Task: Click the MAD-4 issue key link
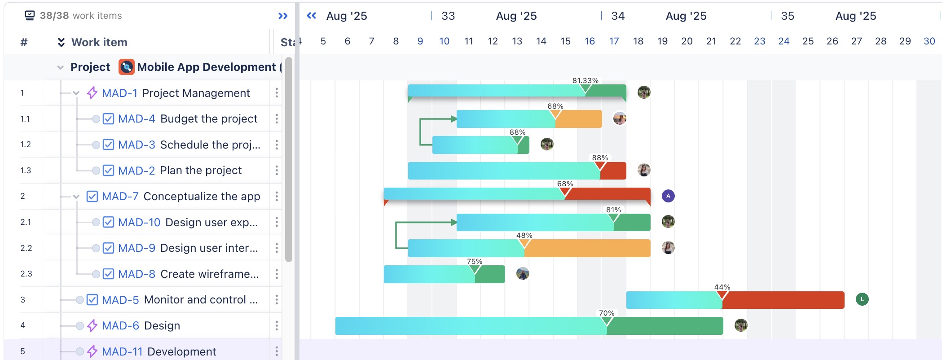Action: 136,119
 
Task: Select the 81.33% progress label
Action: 585,80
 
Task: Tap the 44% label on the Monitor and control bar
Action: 722,287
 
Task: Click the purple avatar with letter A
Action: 668,196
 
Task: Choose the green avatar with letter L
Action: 862,299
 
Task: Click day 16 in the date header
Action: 590,41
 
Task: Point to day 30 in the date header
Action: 929,41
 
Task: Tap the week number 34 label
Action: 618,16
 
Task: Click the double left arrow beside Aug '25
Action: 311,16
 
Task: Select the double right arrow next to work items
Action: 283,16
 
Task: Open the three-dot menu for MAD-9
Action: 277,248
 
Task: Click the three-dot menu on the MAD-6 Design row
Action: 277,325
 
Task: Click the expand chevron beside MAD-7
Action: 76,197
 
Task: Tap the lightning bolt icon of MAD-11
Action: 92,351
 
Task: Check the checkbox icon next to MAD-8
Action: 108,274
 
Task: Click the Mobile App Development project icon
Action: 126,67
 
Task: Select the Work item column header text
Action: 99,42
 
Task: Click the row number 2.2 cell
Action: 26,248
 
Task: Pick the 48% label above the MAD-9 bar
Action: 524,235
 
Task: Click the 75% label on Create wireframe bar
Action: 474,261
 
